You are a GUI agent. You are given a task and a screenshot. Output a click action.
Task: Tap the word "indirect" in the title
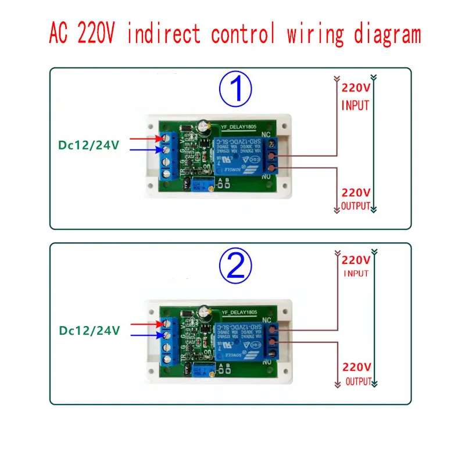164,34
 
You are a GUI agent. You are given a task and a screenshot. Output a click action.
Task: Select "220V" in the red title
93,34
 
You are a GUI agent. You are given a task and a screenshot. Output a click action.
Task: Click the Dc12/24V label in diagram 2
88,330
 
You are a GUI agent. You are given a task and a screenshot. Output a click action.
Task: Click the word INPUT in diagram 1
355,106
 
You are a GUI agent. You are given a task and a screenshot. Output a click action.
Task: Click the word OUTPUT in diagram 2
357,381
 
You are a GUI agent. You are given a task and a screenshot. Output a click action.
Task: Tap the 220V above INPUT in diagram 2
356,260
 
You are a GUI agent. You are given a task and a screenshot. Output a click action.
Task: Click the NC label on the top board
266,133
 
